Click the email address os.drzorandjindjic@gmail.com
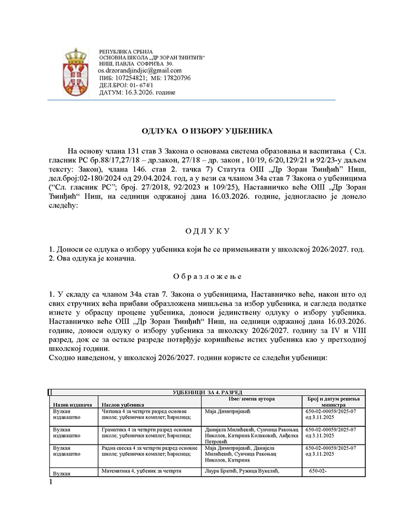pyautogui.click(x=140, y=70)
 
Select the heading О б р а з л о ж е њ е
pyautogui.click(x=208, y=277)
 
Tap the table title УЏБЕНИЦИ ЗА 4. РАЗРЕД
pyautogui.click(x=208, y=393)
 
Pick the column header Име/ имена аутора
pyautogui.click(x=251, y=398)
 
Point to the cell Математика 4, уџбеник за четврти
pyautogui.click(x=141, y=471)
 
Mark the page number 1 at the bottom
pyautogui.click(x=50, y=483)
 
